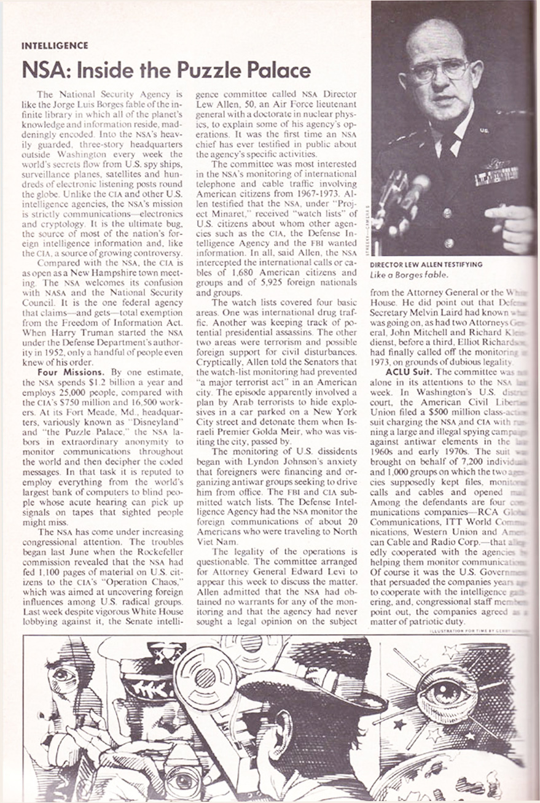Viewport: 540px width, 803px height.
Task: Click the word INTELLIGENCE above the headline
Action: (55, 45)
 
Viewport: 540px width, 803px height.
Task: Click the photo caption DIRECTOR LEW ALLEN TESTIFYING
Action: (426, 265)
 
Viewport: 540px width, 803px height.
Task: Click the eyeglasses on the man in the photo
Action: (439, 70)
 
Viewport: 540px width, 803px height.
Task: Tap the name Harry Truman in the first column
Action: (84, 332)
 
